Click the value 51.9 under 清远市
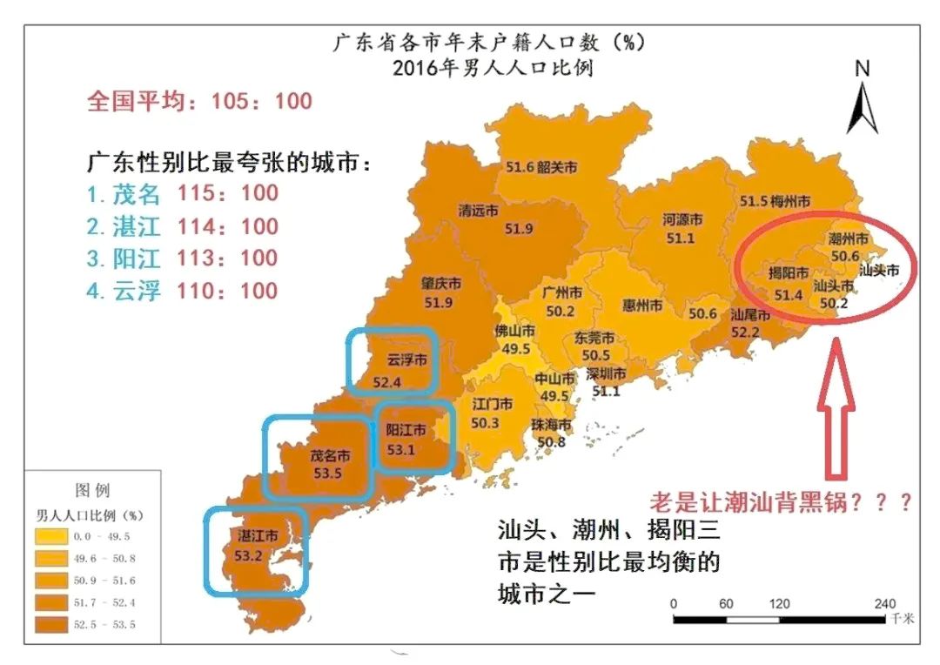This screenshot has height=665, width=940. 519,229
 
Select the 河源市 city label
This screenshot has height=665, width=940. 683,219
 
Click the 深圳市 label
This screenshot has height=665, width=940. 606,374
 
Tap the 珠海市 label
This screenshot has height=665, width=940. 552,425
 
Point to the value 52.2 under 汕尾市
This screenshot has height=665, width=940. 745,331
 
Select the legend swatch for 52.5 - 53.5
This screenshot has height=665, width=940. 57,622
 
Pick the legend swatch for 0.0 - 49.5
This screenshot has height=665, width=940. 57,535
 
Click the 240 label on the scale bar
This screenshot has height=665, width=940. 884,603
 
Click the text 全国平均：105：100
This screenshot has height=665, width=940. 199,101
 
